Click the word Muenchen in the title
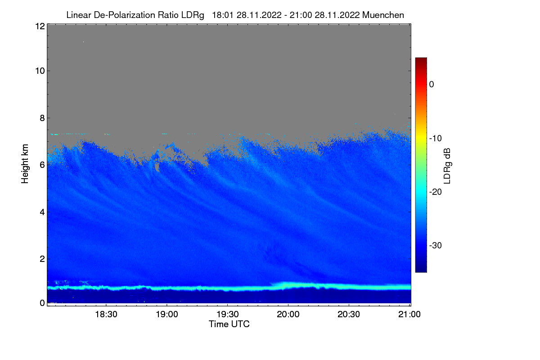point(383,15)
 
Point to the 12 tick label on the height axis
point(39,26)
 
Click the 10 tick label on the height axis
point(39,71)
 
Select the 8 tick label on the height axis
point(42,118)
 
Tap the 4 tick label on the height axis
point(42,211)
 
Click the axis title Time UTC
point(229,324)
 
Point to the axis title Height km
point(25,164)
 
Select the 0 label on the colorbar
point(432,84)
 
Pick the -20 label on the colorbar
point(437,192)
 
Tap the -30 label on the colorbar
point(437,246)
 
